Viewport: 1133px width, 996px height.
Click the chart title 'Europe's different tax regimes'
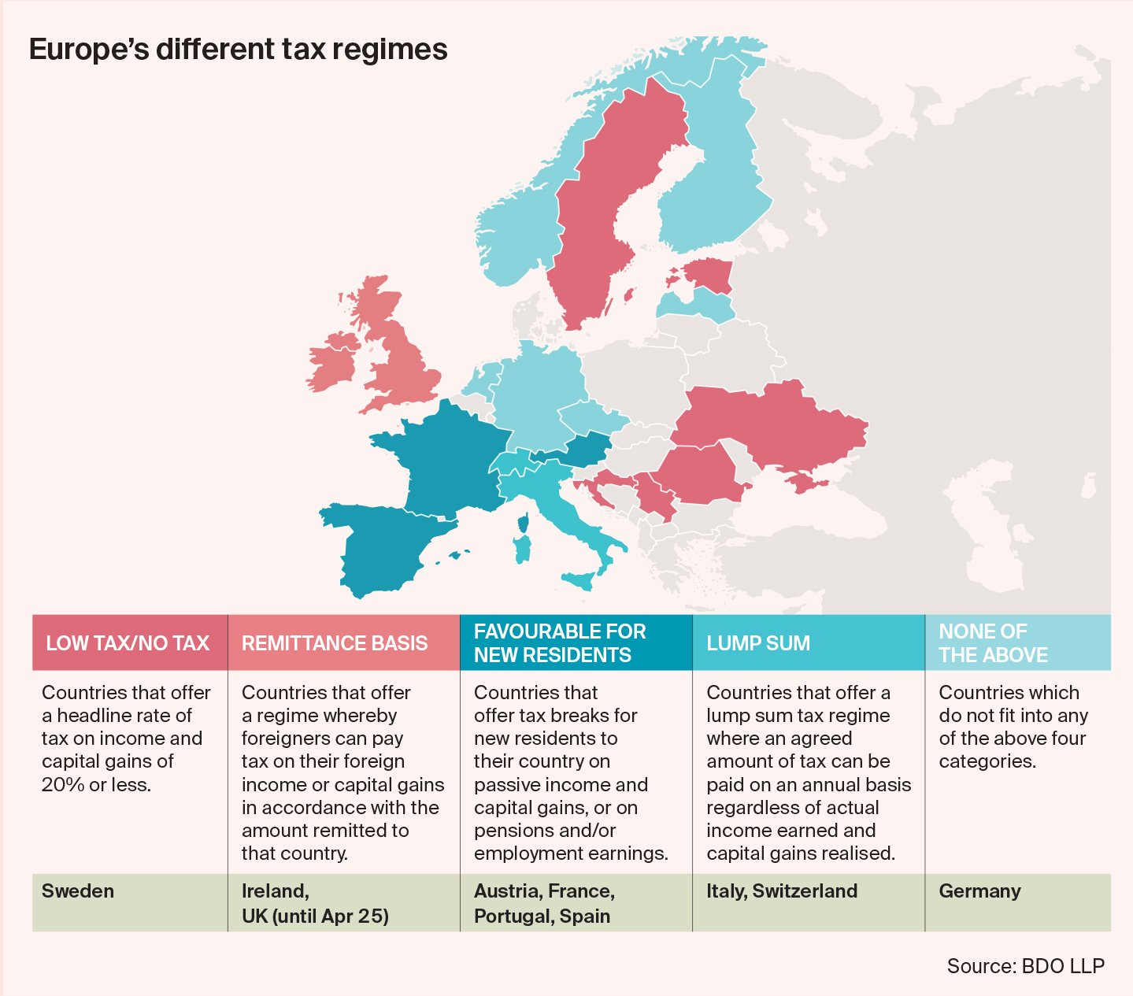click(238, 50)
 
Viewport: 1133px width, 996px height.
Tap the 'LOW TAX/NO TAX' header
click(128, 643)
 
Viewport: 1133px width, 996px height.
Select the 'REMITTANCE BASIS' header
click(335, 643)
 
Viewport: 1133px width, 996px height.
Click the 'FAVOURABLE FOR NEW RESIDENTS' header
click(560, 643)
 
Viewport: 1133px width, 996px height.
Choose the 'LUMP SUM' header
click(758, 643)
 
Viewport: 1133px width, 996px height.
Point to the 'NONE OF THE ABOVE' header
click(994, 643)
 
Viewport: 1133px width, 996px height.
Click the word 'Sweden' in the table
click(78, 891)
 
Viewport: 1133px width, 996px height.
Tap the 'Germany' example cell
click(979, 891)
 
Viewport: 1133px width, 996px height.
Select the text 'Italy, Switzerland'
click(782, 891)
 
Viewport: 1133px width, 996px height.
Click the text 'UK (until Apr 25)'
click(315, 916)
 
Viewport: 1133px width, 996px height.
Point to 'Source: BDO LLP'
click(1025, 966)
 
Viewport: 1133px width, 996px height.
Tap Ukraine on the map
click(772, 425)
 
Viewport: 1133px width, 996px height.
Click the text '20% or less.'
click(96, 784)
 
